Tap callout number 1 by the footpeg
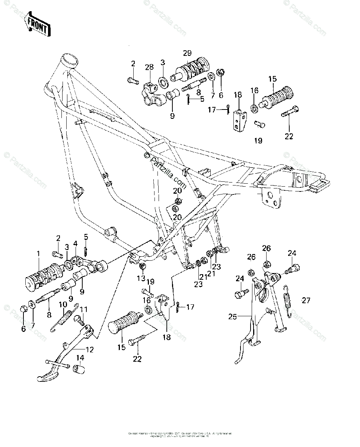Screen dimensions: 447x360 tap(37, 254)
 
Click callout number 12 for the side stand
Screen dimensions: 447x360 tap(89, 349)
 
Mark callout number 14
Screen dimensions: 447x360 tap(80, 358)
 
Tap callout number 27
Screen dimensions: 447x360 tap(306, 301)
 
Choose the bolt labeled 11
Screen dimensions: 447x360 tap(79, 320)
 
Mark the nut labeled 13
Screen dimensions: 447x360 tap(142, 266)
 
